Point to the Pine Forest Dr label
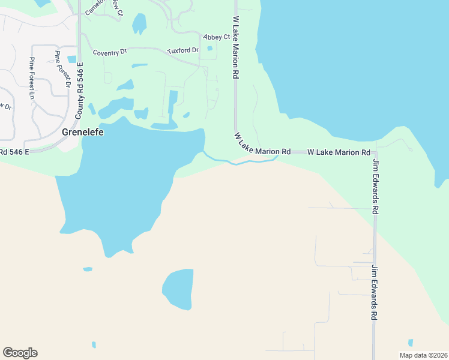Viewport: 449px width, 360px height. [62, 69]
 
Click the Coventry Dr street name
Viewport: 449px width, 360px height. [110, 52]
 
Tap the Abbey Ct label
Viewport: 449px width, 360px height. [217, 37]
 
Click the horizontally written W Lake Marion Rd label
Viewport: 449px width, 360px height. [339, 153]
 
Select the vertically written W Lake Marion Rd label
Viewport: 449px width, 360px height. [236, 47]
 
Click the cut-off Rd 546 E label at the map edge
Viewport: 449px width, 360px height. [14, 152]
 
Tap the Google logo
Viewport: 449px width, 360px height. [20, 353]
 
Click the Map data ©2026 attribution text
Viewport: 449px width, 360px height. [423, 355]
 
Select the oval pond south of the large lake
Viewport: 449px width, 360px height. [178, 289]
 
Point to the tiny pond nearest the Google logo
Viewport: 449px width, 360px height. [94, 344]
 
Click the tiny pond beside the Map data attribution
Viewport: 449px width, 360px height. [411, 343]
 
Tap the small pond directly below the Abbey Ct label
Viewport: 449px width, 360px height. [209, 49]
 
